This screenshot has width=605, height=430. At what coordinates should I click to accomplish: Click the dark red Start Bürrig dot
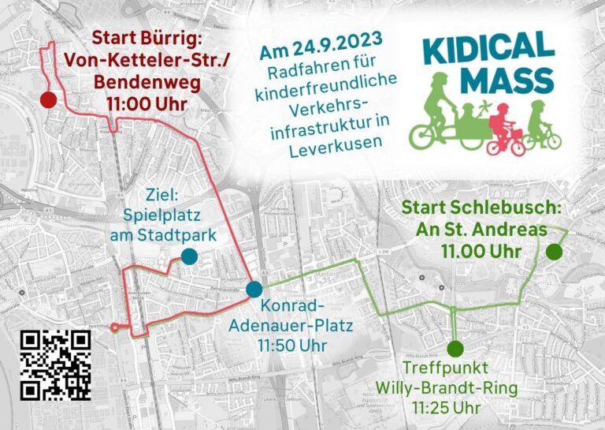tap(47, 99)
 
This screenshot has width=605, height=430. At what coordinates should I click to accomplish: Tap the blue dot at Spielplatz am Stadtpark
tap(189, 256)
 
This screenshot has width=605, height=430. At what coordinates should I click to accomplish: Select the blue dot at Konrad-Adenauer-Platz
tap(254, 289)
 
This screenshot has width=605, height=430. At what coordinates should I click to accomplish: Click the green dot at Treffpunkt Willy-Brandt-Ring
tap(454, 348)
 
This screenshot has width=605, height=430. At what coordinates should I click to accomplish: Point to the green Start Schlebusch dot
tap(554, 252)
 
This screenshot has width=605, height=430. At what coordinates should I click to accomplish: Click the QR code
tap(55, 364)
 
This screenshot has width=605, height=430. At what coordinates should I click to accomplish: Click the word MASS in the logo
tap(507, 80)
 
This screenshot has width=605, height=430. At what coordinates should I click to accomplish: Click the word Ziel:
tap(164, 194)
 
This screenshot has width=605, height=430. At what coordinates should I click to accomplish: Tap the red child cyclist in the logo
tap(504, 131)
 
